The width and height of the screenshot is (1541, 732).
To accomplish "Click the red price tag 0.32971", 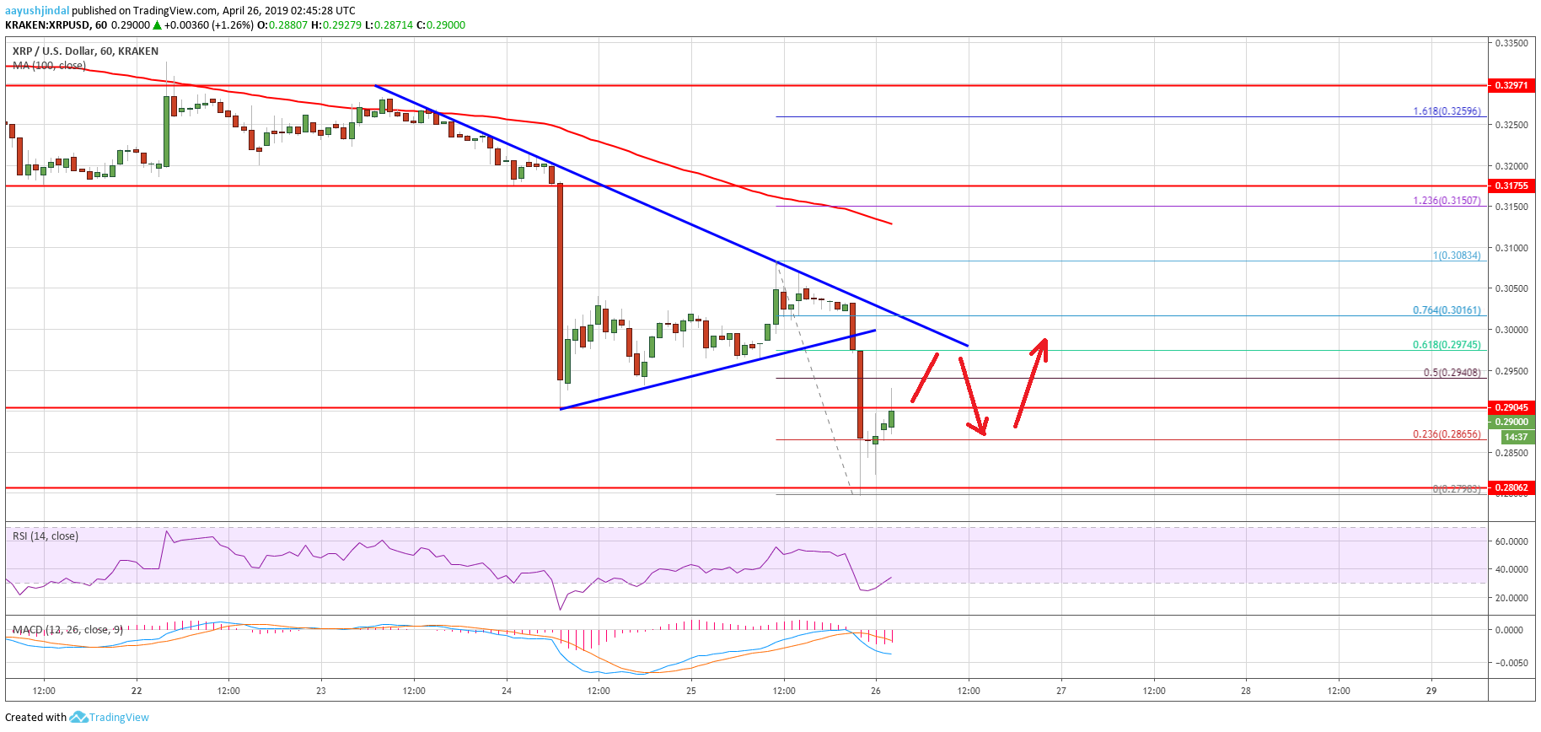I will (1511, 85).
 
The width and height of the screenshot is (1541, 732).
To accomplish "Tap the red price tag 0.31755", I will (1511, 186).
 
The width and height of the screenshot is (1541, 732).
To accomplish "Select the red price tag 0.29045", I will (1511, 407).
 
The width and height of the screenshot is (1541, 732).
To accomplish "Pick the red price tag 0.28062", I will (1511, 487).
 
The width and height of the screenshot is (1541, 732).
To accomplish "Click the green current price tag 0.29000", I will (1511, 422).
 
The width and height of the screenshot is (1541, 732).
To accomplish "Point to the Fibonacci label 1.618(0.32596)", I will (1447, 111).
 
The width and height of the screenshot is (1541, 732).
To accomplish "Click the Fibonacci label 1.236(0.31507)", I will (1447, 201).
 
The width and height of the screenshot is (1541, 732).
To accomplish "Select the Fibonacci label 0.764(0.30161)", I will (1447, 310).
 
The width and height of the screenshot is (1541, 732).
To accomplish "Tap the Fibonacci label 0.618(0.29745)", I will (1447, 345).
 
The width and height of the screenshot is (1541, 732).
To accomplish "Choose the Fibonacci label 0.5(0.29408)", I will (1452, 373).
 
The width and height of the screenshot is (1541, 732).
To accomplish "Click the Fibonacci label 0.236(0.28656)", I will (1447, 434).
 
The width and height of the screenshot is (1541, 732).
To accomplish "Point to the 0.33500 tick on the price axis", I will (1511, 43).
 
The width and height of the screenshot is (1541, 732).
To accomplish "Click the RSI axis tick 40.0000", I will (1511, 569).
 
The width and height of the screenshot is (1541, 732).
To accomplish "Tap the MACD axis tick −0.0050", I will (1511, 663).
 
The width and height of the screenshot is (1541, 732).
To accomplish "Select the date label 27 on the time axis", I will (1061, 691).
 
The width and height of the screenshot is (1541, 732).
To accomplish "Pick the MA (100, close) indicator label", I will (49, 65).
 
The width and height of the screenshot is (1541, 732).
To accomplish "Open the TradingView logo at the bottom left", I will (110, 718).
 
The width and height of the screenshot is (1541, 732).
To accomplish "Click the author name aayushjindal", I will (37, 11).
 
